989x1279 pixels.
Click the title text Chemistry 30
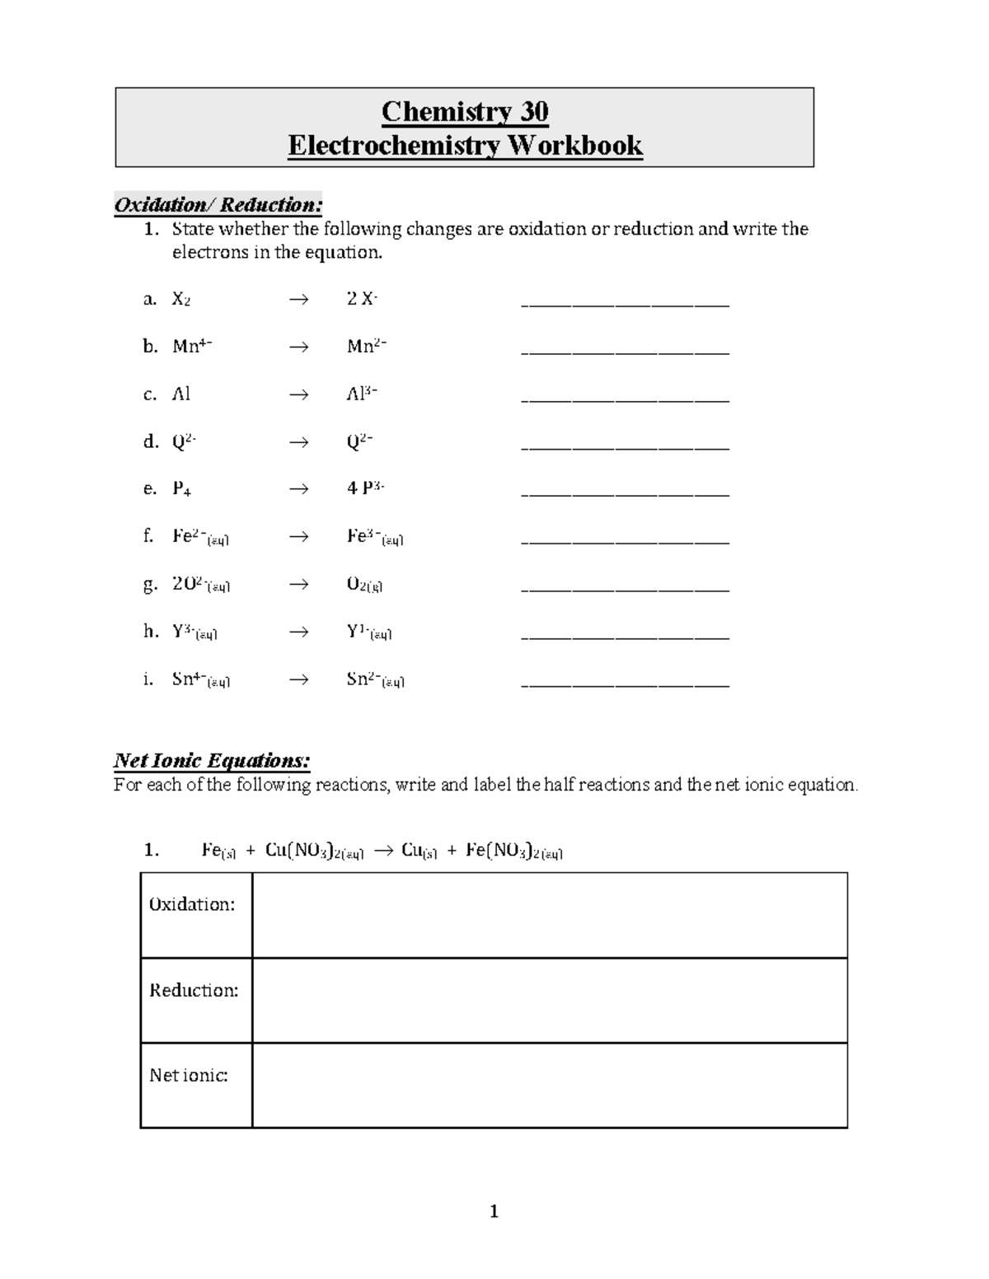click(x=465, y=110)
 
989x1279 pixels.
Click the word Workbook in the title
click(x=574, y=145)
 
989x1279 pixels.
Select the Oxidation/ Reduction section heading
click(x=218, y=204)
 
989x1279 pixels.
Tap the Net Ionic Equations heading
click(x=211, y=759)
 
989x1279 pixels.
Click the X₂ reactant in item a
click(x=181, y=299)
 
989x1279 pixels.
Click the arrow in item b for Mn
click(x=298, y=347)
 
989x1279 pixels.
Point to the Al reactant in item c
click(x=181, y=394)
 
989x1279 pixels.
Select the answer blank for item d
click(x=626, y=445)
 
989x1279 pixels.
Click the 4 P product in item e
click(x=365, y=488)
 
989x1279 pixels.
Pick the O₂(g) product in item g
click(x=364, y=585)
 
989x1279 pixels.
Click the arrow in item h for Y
click(x=298, y=632)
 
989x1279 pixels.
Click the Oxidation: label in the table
click(x=192, y=904)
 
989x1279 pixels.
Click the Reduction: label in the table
click(x=194, y=990)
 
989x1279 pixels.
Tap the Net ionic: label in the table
click(x=189, y=1075)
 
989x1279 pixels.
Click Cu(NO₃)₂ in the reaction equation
click(x=314, y=852)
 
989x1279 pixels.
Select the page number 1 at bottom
click(x=494, y=1211)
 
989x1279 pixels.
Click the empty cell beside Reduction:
click(x=549, y=1000)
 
